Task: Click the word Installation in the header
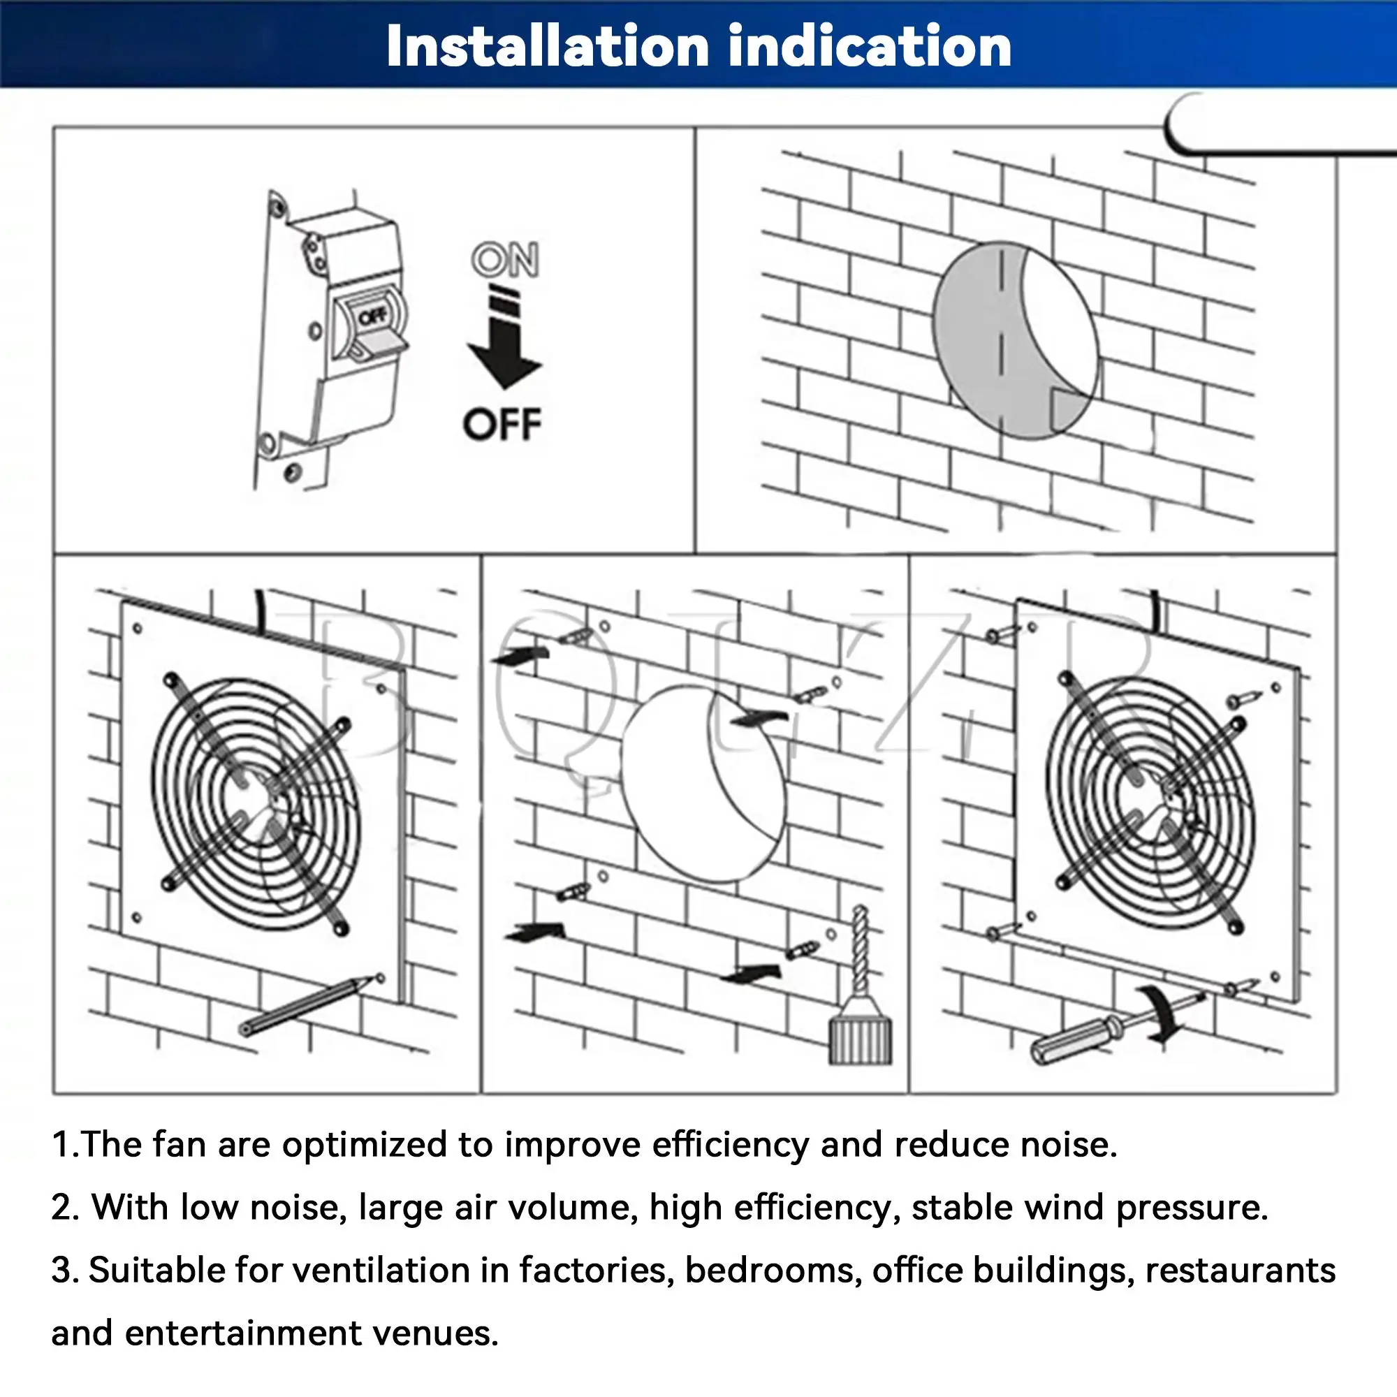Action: [548, 46]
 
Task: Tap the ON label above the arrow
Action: [505, 260]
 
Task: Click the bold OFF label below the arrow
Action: [502, 425]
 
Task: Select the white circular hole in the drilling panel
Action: [703, 784]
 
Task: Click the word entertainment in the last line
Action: [243, 1334]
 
